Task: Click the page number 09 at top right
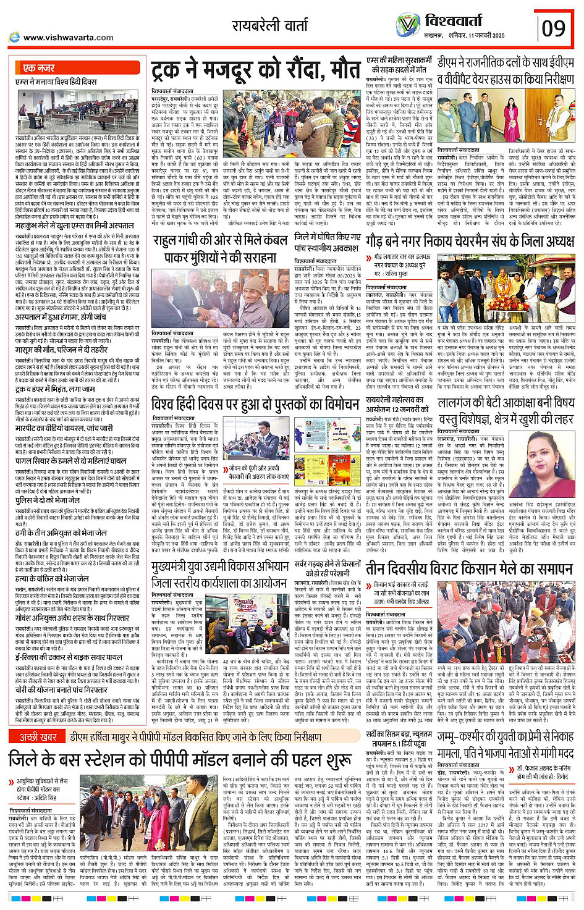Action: click(x=552, y=28)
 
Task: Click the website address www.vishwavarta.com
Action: click(x=68, y=38)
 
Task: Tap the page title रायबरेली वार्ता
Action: click(x=270, y=25)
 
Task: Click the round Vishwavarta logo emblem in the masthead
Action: click(x=408, y=25)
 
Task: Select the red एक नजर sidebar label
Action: click(x=39, y=67)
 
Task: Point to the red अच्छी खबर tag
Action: click(x=38, y=736)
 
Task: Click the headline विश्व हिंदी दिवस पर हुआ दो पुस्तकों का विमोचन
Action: click(x=256, y=405)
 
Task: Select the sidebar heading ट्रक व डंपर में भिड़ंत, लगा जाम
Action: click(x=56, y=389)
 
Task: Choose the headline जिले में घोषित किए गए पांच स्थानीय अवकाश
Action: click(x=328, y=242)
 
